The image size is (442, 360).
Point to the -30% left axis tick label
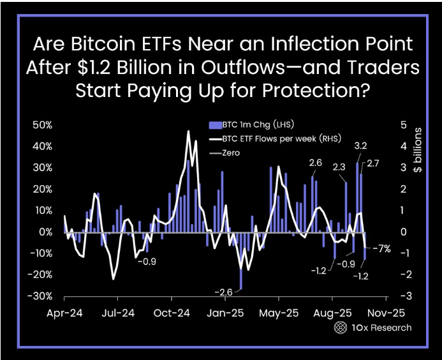(x=43, y=297)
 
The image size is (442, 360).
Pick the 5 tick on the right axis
(x=403, y=124)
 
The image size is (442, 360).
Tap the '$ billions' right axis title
(x=418, y=150)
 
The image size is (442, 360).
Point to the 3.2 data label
(x=360, y=146)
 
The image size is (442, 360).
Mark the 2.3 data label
(x=339, y=167)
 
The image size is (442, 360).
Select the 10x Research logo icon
(x=341, y=327)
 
